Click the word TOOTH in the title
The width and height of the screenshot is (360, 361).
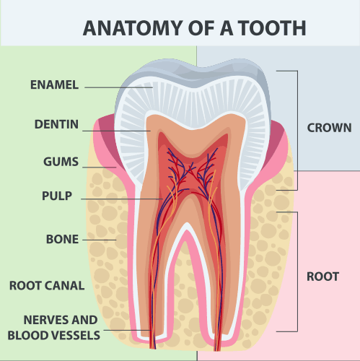[273, 28]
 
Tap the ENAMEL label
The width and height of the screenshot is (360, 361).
[54, 84]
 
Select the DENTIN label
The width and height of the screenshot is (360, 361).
[56, 124]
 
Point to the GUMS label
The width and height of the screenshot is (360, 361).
[61, 162]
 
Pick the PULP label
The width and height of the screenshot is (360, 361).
[57, 196]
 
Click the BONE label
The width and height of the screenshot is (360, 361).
[62, 239]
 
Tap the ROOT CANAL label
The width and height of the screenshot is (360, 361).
[47, 286]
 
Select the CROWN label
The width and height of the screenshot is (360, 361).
[329, 128]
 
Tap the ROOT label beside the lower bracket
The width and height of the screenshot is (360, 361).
[322, 277]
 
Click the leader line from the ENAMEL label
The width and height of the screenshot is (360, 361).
[119, 87]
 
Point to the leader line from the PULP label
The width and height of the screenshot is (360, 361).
[122, 199]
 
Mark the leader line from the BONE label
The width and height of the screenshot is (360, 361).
[100, 240]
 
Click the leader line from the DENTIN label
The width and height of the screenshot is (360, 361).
[116, 131]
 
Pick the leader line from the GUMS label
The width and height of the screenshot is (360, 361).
[100, 167]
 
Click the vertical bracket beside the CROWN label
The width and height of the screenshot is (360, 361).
[297, 131]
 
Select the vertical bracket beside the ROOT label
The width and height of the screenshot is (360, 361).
[297, 272]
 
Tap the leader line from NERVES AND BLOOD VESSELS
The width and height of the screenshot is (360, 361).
[128, 330]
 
